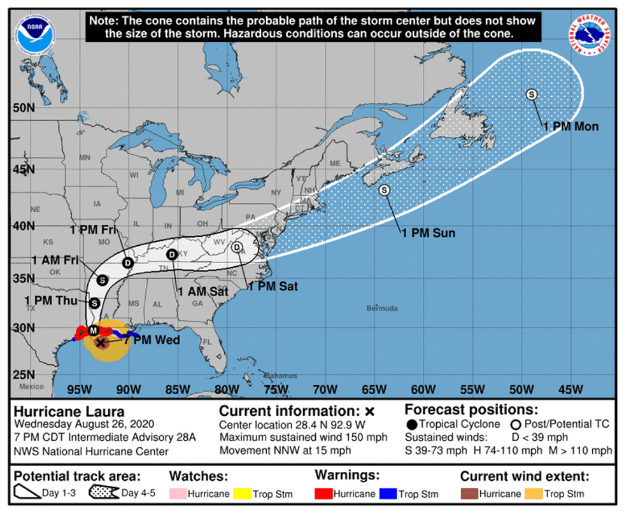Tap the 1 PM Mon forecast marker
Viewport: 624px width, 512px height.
pos(532,94)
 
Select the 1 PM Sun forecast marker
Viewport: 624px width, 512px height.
pos(384,190)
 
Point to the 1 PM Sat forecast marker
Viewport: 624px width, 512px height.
pos(237,247)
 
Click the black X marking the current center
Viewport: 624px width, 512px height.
pos(100,343)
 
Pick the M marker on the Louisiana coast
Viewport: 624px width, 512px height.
pos(93,330)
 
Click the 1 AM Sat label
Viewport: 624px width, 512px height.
pos(203,292)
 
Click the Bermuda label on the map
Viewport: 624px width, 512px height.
pos(382,309)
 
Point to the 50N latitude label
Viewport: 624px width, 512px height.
pos(24,108)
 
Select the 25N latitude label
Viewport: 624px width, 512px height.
pos(24,374)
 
